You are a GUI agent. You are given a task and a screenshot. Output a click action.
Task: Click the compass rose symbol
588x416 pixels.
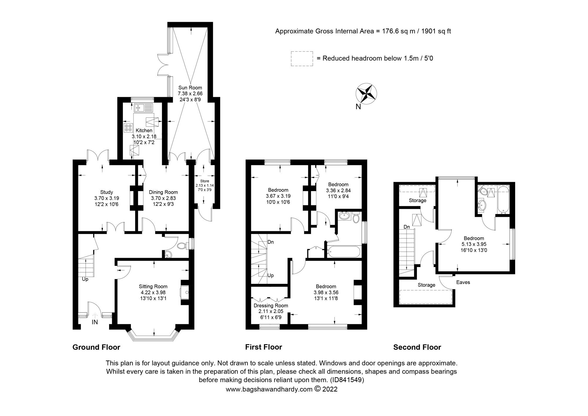click(366, 94)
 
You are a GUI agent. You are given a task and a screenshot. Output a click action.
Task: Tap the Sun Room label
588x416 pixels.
click(190, 87)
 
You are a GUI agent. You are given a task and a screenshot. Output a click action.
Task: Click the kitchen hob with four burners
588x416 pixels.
click(128, 128)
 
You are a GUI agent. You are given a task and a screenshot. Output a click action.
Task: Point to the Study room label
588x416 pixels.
click(106, 192)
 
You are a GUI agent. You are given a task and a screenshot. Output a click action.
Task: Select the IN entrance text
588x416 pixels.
click(95, 322)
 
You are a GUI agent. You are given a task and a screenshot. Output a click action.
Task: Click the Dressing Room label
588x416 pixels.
click(271, 306)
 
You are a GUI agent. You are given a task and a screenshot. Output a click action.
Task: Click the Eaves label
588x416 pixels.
click(463, 282)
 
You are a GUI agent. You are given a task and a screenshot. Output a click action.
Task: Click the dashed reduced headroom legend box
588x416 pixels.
click(302, 59)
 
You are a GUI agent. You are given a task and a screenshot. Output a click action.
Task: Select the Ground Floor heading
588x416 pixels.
click(96, 347)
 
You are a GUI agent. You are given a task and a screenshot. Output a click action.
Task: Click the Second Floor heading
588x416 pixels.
click(417, 347)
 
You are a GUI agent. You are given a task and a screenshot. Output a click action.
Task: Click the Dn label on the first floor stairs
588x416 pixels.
click(270, 242)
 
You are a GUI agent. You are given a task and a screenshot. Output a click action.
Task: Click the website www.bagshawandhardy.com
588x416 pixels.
click(269, 390)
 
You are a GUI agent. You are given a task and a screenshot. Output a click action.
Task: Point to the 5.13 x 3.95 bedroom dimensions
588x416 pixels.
click(474, 244)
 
